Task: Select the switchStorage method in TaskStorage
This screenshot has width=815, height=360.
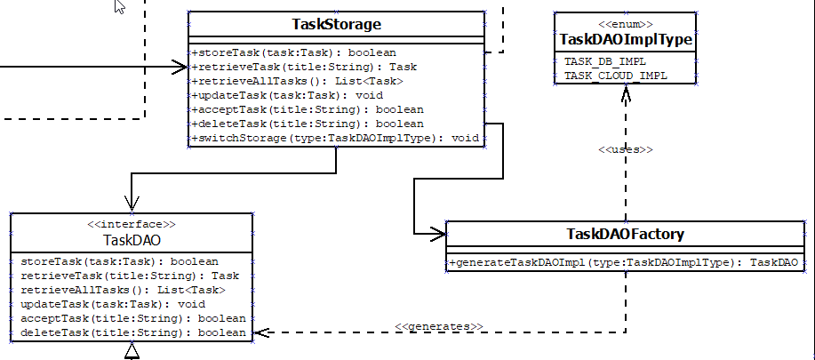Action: [335, 138]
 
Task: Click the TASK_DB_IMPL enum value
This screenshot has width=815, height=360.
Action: [605, 61]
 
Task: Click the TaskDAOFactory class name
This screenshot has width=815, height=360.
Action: [624, 235]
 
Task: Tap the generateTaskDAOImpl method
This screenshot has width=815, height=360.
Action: [624, 263]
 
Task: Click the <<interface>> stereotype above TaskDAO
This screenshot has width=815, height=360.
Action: [132, 225]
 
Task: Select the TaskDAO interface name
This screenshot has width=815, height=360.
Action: [132, 239]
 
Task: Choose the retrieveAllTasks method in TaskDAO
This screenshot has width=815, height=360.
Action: [117, 290]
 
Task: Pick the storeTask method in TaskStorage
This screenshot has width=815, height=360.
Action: [293, 52]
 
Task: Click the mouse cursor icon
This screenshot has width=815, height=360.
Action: [120, 7]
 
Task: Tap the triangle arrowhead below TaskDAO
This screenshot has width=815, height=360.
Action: [132, 353]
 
